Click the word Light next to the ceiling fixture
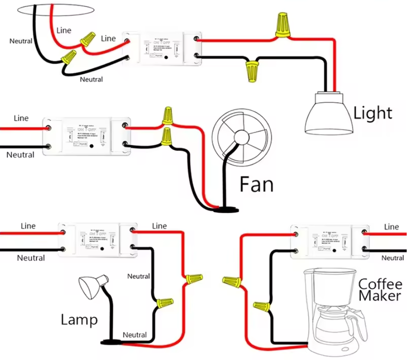373,112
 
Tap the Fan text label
256,185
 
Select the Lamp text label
79,319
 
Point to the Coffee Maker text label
380,289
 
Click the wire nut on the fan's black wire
167,137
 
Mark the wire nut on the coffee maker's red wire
232,280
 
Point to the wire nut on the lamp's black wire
164,303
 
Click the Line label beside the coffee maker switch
391,226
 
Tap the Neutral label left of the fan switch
20,155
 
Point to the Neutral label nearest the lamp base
135,335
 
